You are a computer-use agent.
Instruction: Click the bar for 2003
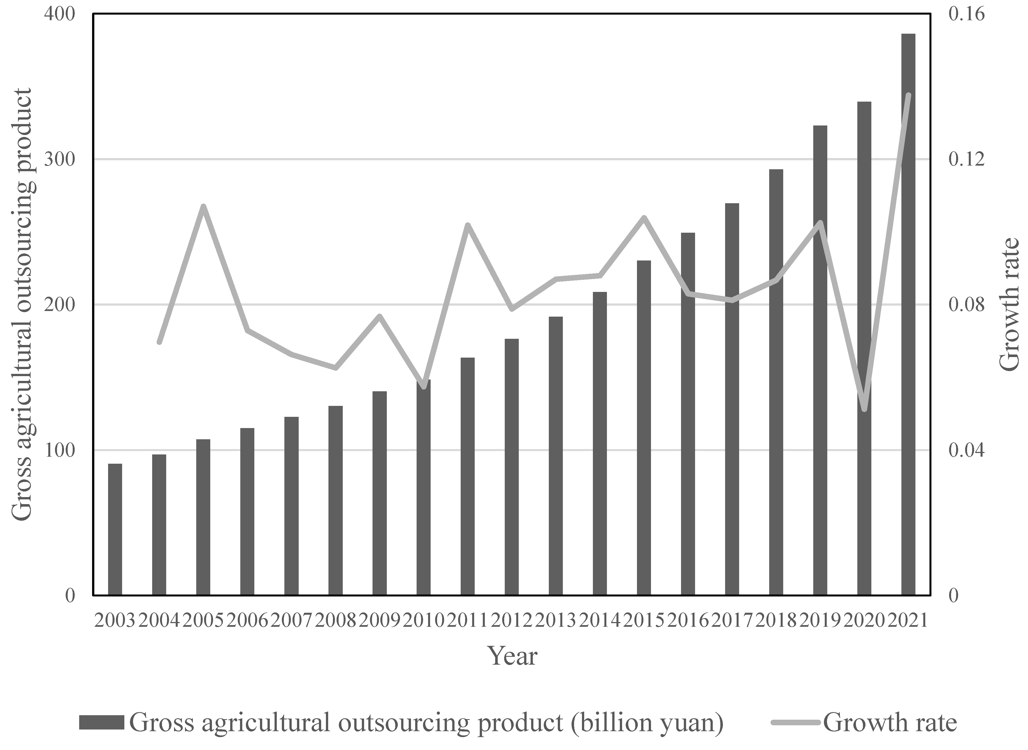115,529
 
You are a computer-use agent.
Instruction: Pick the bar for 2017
732,399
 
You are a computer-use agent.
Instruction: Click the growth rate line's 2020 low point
865,409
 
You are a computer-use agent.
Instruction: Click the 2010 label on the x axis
424,620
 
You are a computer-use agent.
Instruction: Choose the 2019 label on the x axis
820,620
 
